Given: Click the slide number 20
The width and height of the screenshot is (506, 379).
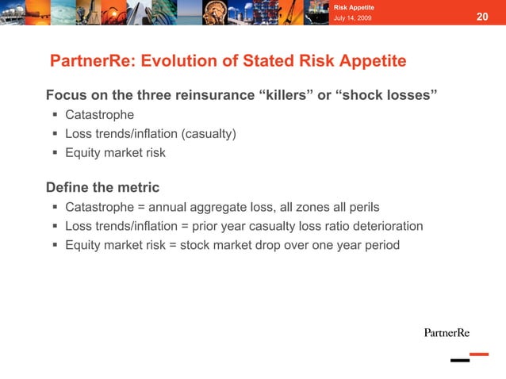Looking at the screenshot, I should [482, 17].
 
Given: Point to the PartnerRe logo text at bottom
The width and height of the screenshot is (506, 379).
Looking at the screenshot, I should [447, 332].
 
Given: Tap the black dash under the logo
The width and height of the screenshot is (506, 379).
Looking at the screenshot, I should [460, 361].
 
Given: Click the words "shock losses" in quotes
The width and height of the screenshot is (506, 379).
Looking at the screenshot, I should [387, 96].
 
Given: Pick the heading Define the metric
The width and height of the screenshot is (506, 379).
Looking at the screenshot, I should [102, 188].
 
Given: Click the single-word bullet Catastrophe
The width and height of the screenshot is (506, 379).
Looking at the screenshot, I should [99, 115].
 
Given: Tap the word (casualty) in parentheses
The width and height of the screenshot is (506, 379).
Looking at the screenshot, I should [208, 134].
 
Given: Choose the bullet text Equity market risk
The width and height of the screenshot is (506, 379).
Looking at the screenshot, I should [115, 153].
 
